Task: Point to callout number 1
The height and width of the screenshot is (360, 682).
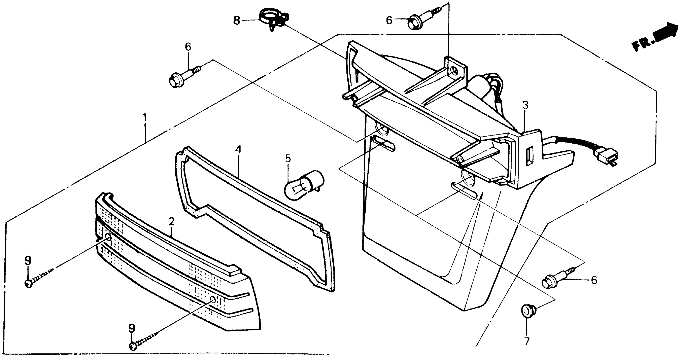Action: point(145,117)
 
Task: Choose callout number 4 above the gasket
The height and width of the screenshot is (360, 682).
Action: point(238,150)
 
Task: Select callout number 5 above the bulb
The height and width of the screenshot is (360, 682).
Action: point(288,159)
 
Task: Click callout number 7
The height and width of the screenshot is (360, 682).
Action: point(527,341)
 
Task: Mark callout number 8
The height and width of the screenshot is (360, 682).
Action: point(237,20)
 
